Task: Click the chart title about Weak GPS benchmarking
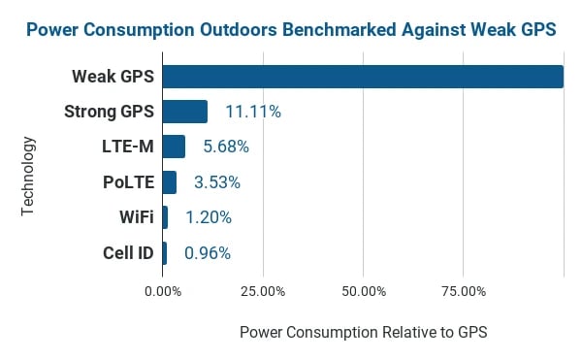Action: pyautogui.click(x=291, y=29)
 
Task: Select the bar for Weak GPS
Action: pyautogui.click(x=363, y=77)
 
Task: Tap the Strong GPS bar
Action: pyautogui.click(x=184, y=112)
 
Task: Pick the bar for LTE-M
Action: pyautogui.click(x=174, y=147)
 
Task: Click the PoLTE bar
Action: pyautogui.click(x=170, y=182)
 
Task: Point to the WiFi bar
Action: pyautogui.click(x=165, y=217)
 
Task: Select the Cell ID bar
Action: pyautogui.click(x=165, y=253)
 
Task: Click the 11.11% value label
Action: pyautogui.click(x=252, y=112)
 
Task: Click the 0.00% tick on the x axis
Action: pyautogui.click(x=162, y=290)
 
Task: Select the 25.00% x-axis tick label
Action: pyautogui.click(x=262, y=290)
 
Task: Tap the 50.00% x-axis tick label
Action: pyautogui.click(x=363, y=290)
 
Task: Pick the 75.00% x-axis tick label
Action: pyautogui.click(x=463, y=290)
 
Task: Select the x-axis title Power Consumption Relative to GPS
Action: pyautogui.click(x=363, y=332)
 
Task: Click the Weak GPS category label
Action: pyautogui.click(x=113, y=77)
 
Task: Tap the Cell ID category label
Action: pyautogui.click(x=128, y=253)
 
